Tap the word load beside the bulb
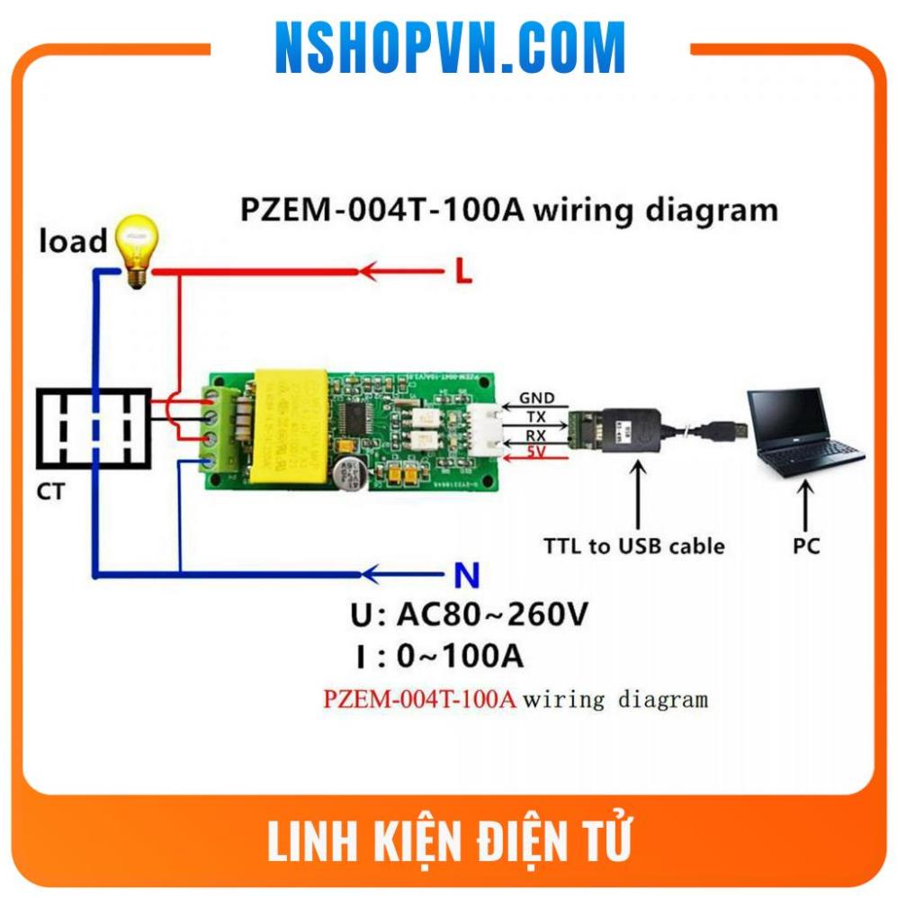coord(72,240)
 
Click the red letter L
coord(462,272)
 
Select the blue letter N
coord(462,574)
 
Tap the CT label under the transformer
coord(50,492)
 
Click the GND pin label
coord(536,398)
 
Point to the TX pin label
coord(536,417)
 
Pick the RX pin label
coord(536,437)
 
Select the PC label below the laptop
coord(806,546)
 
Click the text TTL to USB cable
coord(633,546)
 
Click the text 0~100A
coord(460,657)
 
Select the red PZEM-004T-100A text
coord(419,699)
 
